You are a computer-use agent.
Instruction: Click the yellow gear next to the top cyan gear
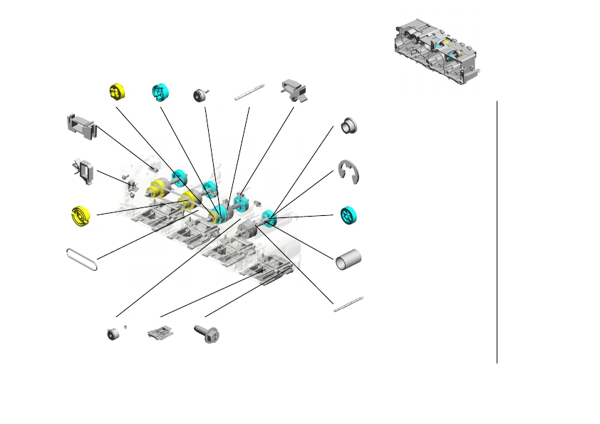point(118,92)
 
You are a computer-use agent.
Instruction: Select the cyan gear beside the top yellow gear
point(160,92)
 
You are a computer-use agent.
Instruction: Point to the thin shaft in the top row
point(250,91)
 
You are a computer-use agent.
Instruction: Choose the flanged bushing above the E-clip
point(349,125)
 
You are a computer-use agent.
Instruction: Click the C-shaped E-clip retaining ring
point(348,172)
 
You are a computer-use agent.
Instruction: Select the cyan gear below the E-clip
point(348,215)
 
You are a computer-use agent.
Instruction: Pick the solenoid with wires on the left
point(85,172)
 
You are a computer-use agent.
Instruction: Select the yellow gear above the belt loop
point(83,215)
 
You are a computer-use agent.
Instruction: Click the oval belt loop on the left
point(82,259)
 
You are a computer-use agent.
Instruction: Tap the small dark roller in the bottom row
point(113,333)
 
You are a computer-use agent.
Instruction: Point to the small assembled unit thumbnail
point(437,51)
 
